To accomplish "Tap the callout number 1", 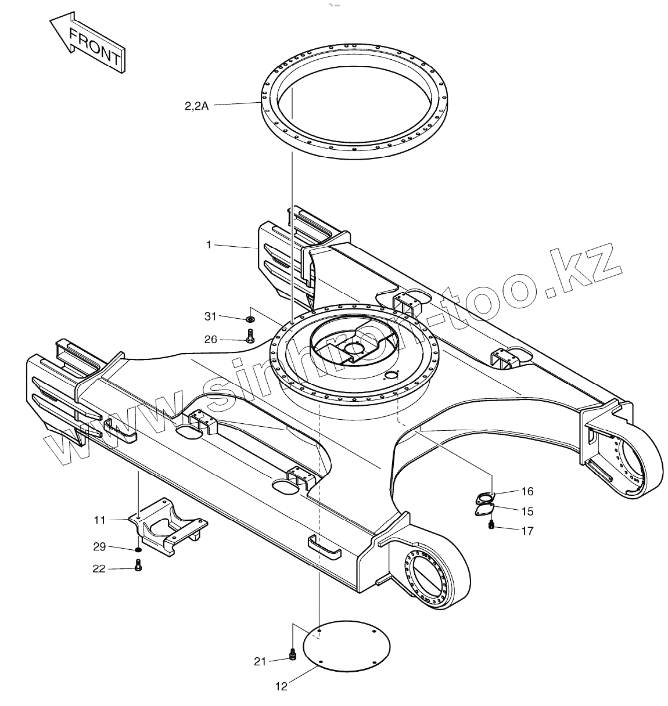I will (209, 245).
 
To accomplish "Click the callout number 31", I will (210, 316).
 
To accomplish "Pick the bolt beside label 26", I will (250, 336).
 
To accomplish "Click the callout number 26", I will (210, 339).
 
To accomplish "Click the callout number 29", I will (100, 546).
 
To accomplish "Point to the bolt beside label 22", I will (138, 565).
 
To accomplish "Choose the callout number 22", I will (99, 569).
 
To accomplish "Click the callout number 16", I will (527, 492).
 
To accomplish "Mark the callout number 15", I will (527, 512).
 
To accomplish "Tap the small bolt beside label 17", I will (491, 525).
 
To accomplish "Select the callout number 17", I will (527, 531).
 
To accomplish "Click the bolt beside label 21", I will (292, 655).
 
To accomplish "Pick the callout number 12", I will (281, 687).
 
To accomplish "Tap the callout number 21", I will (260, 661).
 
